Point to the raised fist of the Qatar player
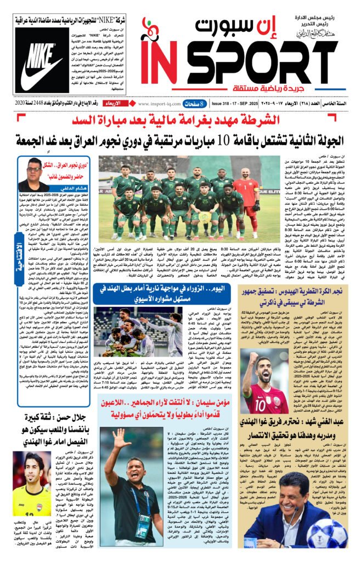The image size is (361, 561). pyautogui.click(x=252, y=360)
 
